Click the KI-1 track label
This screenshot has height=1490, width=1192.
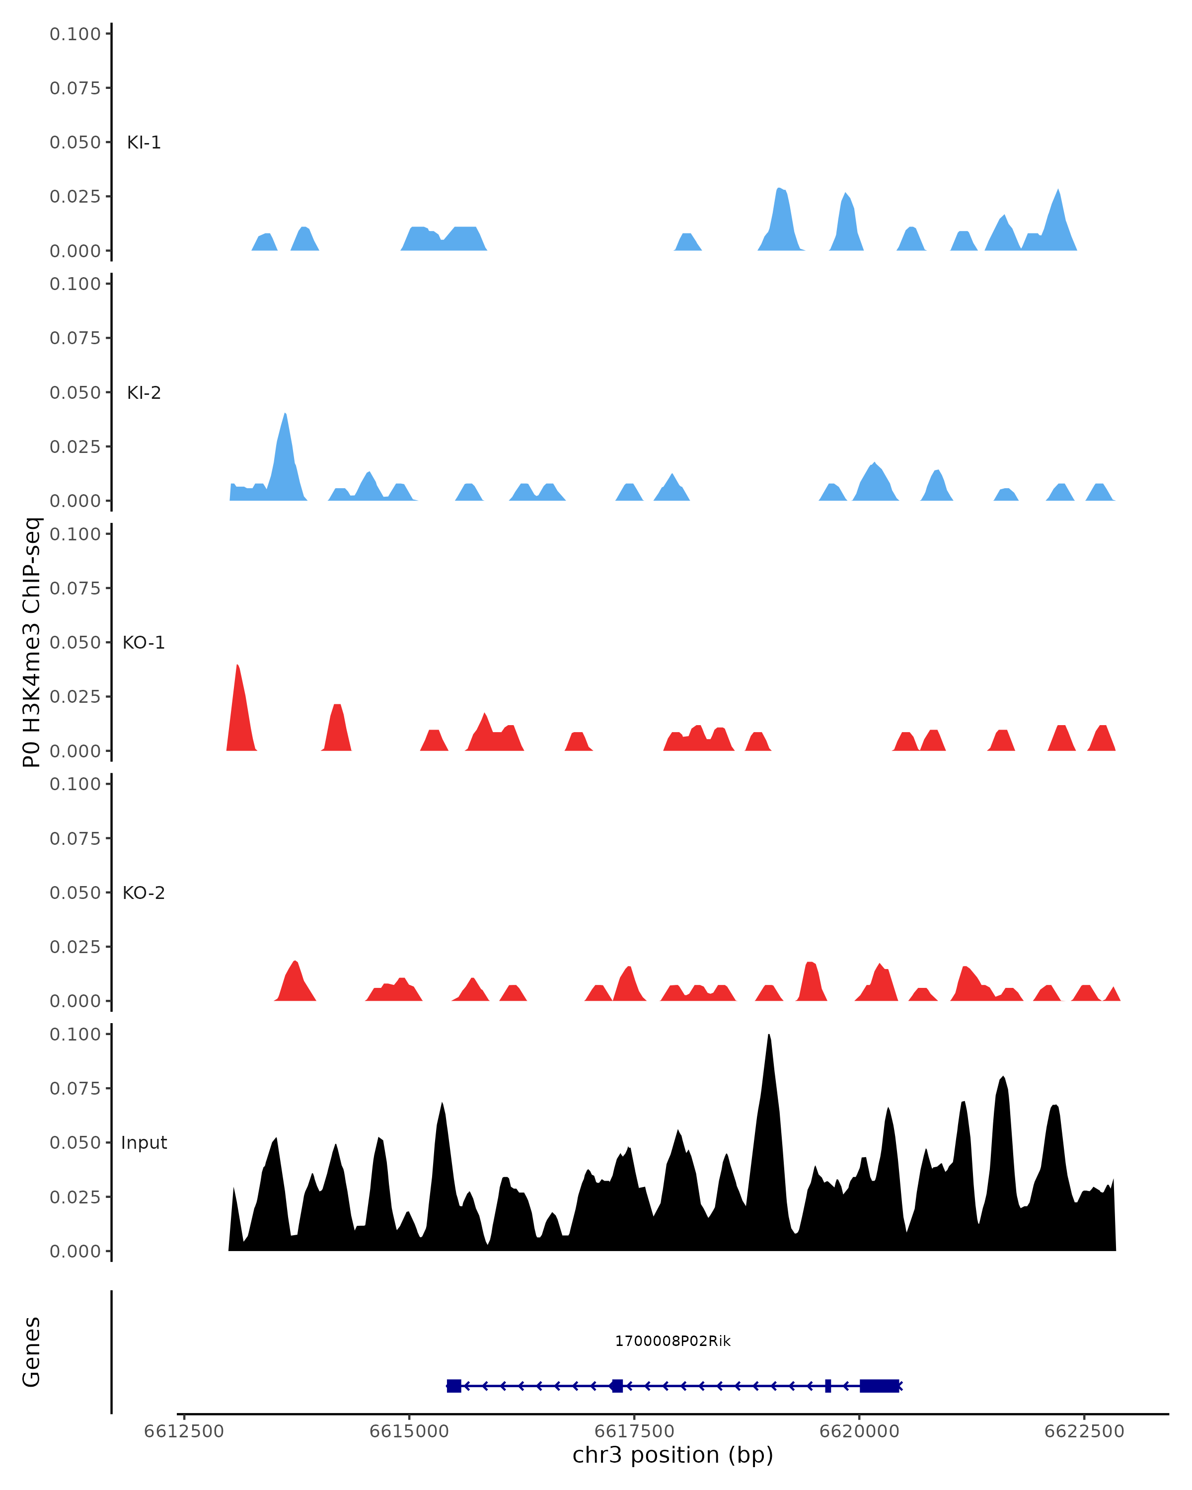[x=144, y=143]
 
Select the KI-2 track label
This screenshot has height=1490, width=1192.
[x=144, y=392]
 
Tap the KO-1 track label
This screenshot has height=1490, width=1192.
[x=144, y=643]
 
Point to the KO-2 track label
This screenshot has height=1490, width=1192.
[x=144, y=893]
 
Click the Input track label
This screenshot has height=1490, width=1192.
[x=144, y=1142]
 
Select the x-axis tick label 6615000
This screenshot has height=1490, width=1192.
[x=409, y=1431]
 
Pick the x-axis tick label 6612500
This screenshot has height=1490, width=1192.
[x=184, y=1431]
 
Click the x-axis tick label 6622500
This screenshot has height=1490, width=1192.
[x=1084, y=1431]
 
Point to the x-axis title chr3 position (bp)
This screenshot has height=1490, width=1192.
[x=672, y=1455]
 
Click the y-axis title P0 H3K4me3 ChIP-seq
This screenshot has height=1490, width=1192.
[x=32, y=642]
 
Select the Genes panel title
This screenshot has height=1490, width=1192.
[x=32, y=1352]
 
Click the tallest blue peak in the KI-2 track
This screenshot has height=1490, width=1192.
[x=285, y=416]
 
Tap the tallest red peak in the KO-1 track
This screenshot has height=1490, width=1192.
[x=238, y=668]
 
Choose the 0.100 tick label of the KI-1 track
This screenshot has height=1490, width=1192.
[x=75, y=34]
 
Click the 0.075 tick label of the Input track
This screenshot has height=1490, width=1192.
[x=75, y=1089]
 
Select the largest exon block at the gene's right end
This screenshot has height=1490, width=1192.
[x=879, y=1386]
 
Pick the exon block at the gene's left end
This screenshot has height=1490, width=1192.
[x=454, y=1386]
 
